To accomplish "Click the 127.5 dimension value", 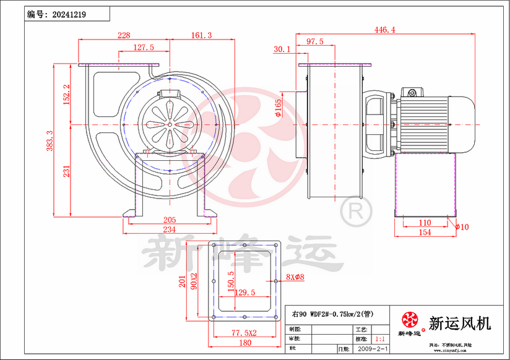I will click(144, 48).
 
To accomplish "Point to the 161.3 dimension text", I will click(201, 36).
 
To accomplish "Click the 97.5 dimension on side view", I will click(315, 41).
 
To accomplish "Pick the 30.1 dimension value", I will click(282, 49).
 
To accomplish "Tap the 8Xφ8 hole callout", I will click(296, 277).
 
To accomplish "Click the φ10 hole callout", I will click(462, 227).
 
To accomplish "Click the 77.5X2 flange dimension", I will click(243, 333).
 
